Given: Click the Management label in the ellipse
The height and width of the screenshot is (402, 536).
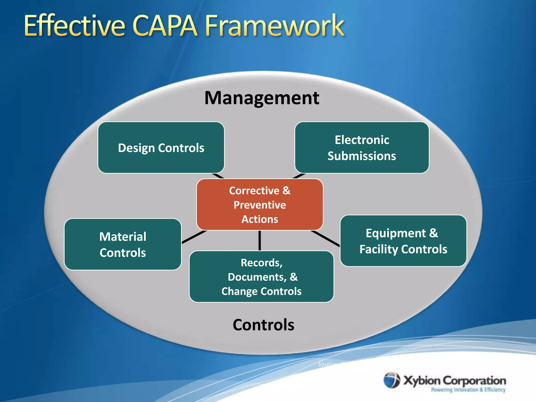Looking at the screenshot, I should click(x=262, y=98).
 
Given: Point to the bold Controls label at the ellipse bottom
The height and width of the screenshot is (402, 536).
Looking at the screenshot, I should click(x=263, y=325).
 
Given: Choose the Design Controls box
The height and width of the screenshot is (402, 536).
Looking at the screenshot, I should click(x=161, y=148).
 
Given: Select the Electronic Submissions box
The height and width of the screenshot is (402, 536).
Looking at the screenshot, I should click(x=362, y=148).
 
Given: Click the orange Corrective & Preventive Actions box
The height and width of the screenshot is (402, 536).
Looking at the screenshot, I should click(x=260, y=205).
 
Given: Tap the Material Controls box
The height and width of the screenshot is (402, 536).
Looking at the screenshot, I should click(x=123, y=244).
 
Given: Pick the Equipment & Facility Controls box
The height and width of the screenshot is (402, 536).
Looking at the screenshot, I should click(x=403, y=241).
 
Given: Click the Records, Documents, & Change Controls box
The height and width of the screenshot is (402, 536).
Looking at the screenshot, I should click(x=261, y=277).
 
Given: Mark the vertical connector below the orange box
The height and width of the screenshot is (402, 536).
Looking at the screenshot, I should click(x=260, y=241).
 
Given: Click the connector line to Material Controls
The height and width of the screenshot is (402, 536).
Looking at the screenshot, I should click(x=194, y=237).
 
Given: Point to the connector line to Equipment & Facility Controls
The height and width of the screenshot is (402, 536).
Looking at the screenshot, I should click(x=326, y=238).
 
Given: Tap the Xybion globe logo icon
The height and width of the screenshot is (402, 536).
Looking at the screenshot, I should click(x=392, y=380).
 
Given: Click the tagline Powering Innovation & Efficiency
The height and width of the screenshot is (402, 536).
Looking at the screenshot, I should click(x=468, y=390).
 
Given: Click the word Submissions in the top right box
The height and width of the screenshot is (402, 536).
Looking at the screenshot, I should click(x=362, y=156).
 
